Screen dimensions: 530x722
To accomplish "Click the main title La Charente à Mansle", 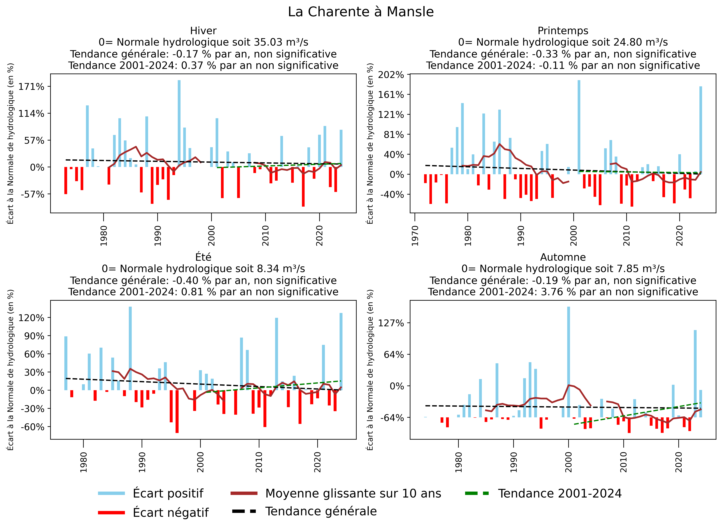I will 361,12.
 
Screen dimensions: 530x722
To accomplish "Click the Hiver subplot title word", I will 203,31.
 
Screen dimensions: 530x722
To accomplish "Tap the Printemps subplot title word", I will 563,31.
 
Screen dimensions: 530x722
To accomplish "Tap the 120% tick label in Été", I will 31,318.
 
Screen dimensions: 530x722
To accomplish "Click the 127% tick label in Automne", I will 391,323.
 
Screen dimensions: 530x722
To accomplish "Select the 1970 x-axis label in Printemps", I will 415,236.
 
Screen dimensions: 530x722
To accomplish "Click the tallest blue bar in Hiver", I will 179,124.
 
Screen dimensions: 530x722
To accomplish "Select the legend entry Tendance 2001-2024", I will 559,493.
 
